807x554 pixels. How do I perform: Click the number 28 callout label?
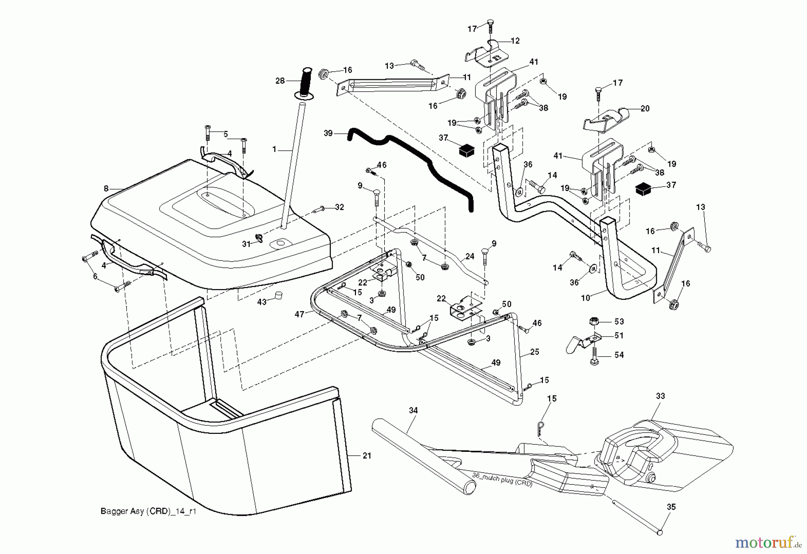[280, 81]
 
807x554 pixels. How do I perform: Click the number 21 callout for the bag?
[367, 456]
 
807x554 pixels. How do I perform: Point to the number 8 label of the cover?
[106, 189]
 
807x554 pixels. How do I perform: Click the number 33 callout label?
[660, 396]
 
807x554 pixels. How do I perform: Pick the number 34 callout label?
[413, 410]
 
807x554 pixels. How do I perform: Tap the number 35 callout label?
[671, 507]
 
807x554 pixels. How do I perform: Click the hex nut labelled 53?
[594, 321]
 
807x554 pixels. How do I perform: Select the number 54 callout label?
[619, 355]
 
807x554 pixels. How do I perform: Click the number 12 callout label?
[515, 41]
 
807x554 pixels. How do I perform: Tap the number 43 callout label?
[261, 302]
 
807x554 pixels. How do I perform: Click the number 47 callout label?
[299, 314]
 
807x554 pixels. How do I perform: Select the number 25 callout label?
[535, 352]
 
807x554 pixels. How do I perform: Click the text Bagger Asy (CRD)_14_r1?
[148, 511]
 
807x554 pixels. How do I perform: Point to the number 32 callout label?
[339, 207]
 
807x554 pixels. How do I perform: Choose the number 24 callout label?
[469, 257]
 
